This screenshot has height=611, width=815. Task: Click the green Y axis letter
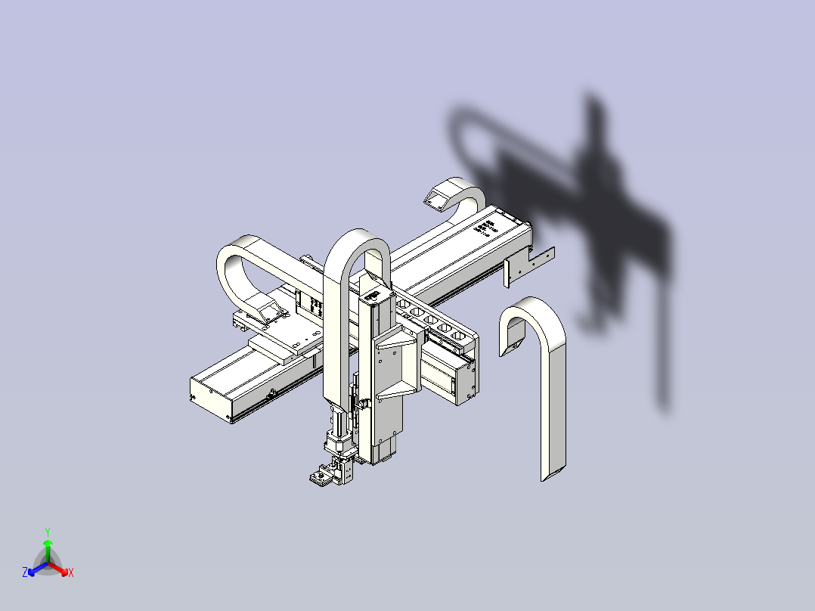(47, 532)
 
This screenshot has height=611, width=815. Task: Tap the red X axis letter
(71, 573)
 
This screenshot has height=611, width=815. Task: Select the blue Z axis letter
(25, 573)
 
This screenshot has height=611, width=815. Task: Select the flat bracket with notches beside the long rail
(529, 264)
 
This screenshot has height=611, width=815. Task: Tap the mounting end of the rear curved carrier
(438, 199)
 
